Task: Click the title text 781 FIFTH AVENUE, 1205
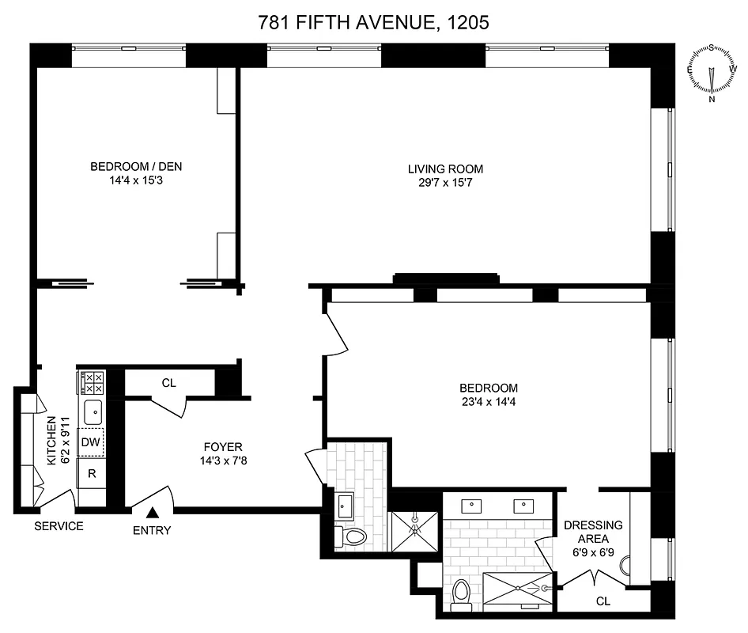pos(373,23)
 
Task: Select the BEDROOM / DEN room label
pos(130,167)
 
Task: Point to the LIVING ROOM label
pos(445,169)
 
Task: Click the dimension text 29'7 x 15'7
pos(445,183)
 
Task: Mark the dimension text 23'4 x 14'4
pos(489,402)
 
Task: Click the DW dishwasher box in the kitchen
pos(92,442)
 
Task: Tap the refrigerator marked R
pos(92,474)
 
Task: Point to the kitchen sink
pos(93,412)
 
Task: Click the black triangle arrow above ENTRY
pos(152,514)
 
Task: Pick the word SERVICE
pos(59,527)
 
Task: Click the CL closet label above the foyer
pos(168,383)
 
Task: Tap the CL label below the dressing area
pos(603,601)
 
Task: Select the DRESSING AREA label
pos(593,532)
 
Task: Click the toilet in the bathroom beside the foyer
pos(352,536)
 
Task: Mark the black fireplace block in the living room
pos(446,277)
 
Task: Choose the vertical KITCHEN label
pos(53,441)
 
